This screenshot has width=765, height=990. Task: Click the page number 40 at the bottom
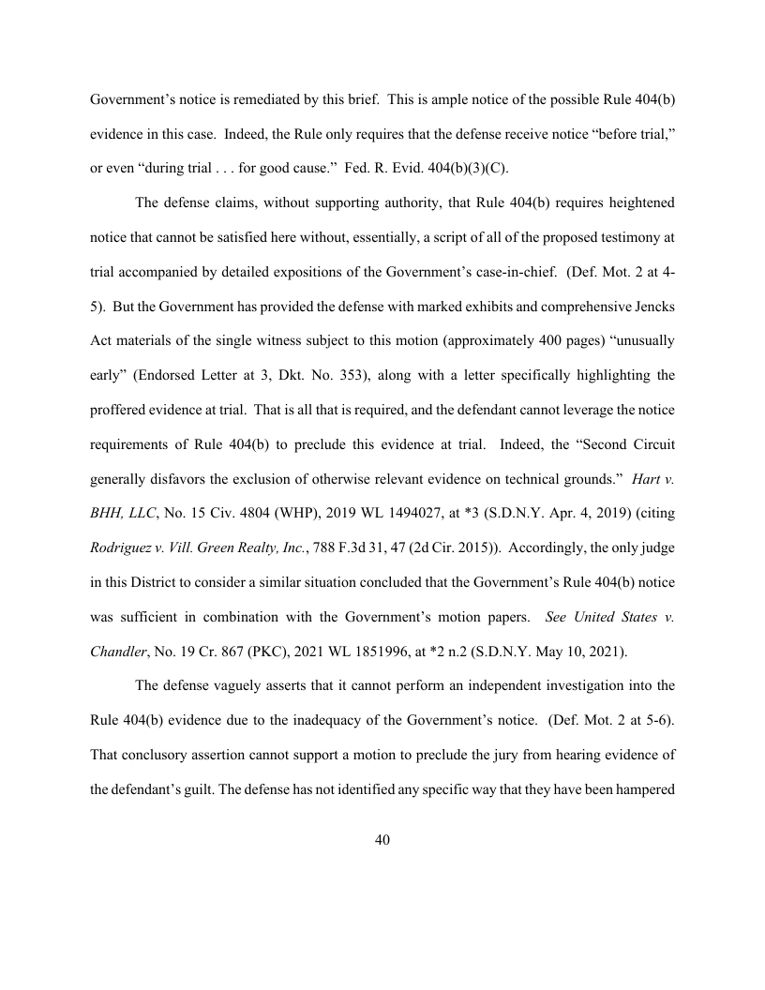pyautogui.click(x=382, y=840)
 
